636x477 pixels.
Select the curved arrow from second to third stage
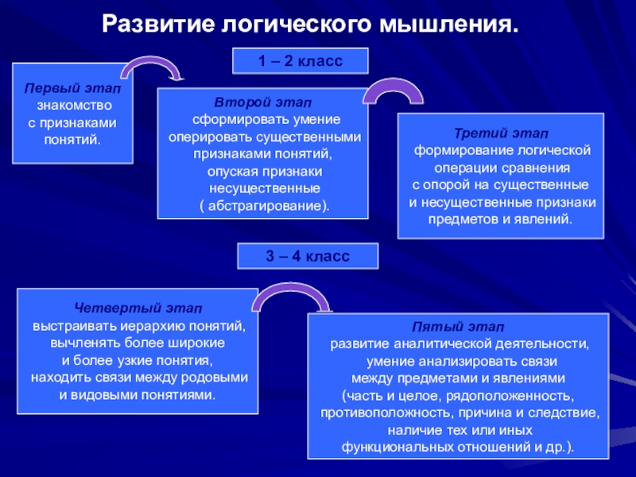click(393, 91)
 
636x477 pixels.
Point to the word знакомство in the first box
click(74, 106)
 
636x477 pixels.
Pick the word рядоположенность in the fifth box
click(518, 396)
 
